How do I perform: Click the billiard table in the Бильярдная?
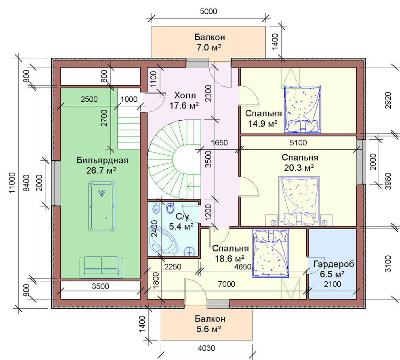click(x=102, y=207)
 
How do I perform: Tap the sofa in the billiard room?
click(x=101, y=267)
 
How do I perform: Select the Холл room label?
click(x=185, y=96)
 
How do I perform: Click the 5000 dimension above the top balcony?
click(x=208, y=11)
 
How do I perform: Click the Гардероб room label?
click(x=334, y=264)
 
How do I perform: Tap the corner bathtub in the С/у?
click(x=162, y=241)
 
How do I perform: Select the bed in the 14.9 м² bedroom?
click(x=303, y=109)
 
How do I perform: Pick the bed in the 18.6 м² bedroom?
click(x=270, y=253)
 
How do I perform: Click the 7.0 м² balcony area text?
click(x=208, y=48)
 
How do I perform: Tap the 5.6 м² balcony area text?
click(x=208, y=329)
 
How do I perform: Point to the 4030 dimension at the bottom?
click(x=206, y=348)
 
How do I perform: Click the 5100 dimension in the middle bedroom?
click(x=298, y=143)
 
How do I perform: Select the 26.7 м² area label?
click(x=101, y=170)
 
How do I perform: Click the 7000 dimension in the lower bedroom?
click(x=227, y=284)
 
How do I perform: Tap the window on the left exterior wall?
click(x=57, y=183)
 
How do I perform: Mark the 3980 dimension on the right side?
click(x=387, y=181)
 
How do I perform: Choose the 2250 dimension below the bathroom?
click(x=173, y=267)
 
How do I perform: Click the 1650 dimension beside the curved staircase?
click(x=219, y=143)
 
